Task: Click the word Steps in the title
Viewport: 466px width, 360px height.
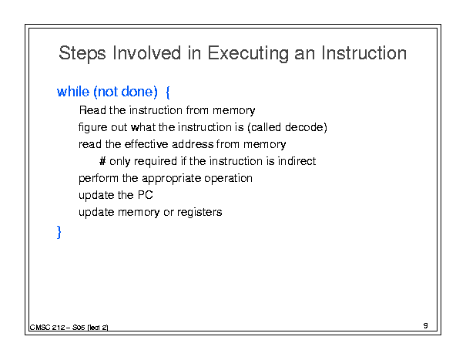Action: tap(82, 53)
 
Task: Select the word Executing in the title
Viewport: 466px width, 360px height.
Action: tap(248, 53)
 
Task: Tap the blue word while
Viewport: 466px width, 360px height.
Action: tap(73, 92)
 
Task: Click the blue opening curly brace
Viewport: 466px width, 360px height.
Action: tap(168, 93)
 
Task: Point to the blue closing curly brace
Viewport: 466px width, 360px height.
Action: tap(59, 232)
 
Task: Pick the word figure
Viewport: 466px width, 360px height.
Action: tap(92, 128)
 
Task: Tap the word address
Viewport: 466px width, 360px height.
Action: tap(193, 144)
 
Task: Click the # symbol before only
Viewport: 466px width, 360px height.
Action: tap(102, 161)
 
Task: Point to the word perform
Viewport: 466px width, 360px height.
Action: tap(99, 179)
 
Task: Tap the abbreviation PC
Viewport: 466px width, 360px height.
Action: tap(146, 195)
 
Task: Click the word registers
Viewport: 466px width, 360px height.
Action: tap(199, 213)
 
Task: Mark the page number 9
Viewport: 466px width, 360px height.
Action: tap(426, 325)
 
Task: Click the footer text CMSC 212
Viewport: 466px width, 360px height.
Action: tap(47, 328)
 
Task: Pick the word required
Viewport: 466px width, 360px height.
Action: tap(156, 162)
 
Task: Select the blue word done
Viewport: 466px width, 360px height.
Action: tap(139, 92)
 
